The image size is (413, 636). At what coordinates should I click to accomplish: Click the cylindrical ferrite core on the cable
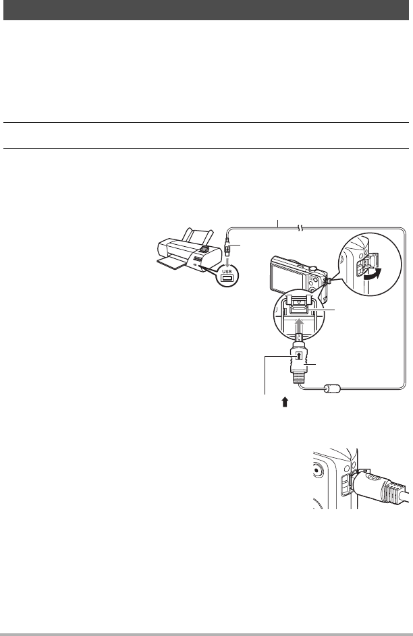click(x=333, y=389)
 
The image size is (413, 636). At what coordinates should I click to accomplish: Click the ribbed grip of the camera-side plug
click(x=299, y=372)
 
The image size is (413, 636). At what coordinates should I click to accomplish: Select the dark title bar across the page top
click(x=206, y=9)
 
